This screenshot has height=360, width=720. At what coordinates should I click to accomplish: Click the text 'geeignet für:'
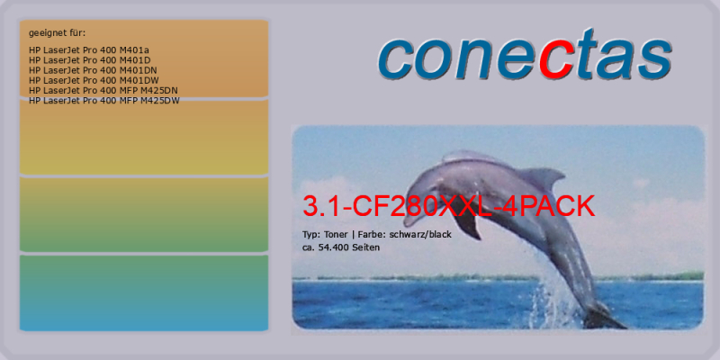(57, 33)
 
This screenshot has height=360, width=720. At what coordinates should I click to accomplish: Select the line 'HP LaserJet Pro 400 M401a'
(88, 49)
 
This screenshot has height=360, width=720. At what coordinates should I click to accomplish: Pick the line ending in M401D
(89, 59)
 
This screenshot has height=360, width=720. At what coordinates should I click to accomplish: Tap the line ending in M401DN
(93, 70)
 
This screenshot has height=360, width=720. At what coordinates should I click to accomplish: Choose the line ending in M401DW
(94, 80)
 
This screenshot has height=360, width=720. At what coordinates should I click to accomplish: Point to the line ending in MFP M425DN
(103, 91)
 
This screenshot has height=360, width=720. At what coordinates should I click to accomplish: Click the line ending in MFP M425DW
(104, 101)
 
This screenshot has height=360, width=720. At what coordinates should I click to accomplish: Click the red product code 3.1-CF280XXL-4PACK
(448, 206)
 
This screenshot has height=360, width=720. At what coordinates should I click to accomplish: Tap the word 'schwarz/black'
(420, 235)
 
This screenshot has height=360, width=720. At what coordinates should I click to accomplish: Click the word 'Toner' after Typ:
(336, 235)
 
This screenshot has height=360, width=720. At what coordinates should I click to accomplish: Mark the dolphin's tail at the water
(601, 317)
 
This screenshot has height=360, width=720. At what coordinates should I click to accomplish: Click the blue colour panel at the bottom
(144, 293)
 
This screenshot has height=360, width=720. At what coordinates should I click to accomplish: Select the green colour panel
(144, 214)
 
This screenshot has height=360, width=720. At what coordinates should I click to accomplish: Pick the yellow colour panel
(144, 137)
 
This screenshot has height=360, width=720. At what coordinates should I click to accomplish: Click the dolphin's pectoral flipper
(467, 224)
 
